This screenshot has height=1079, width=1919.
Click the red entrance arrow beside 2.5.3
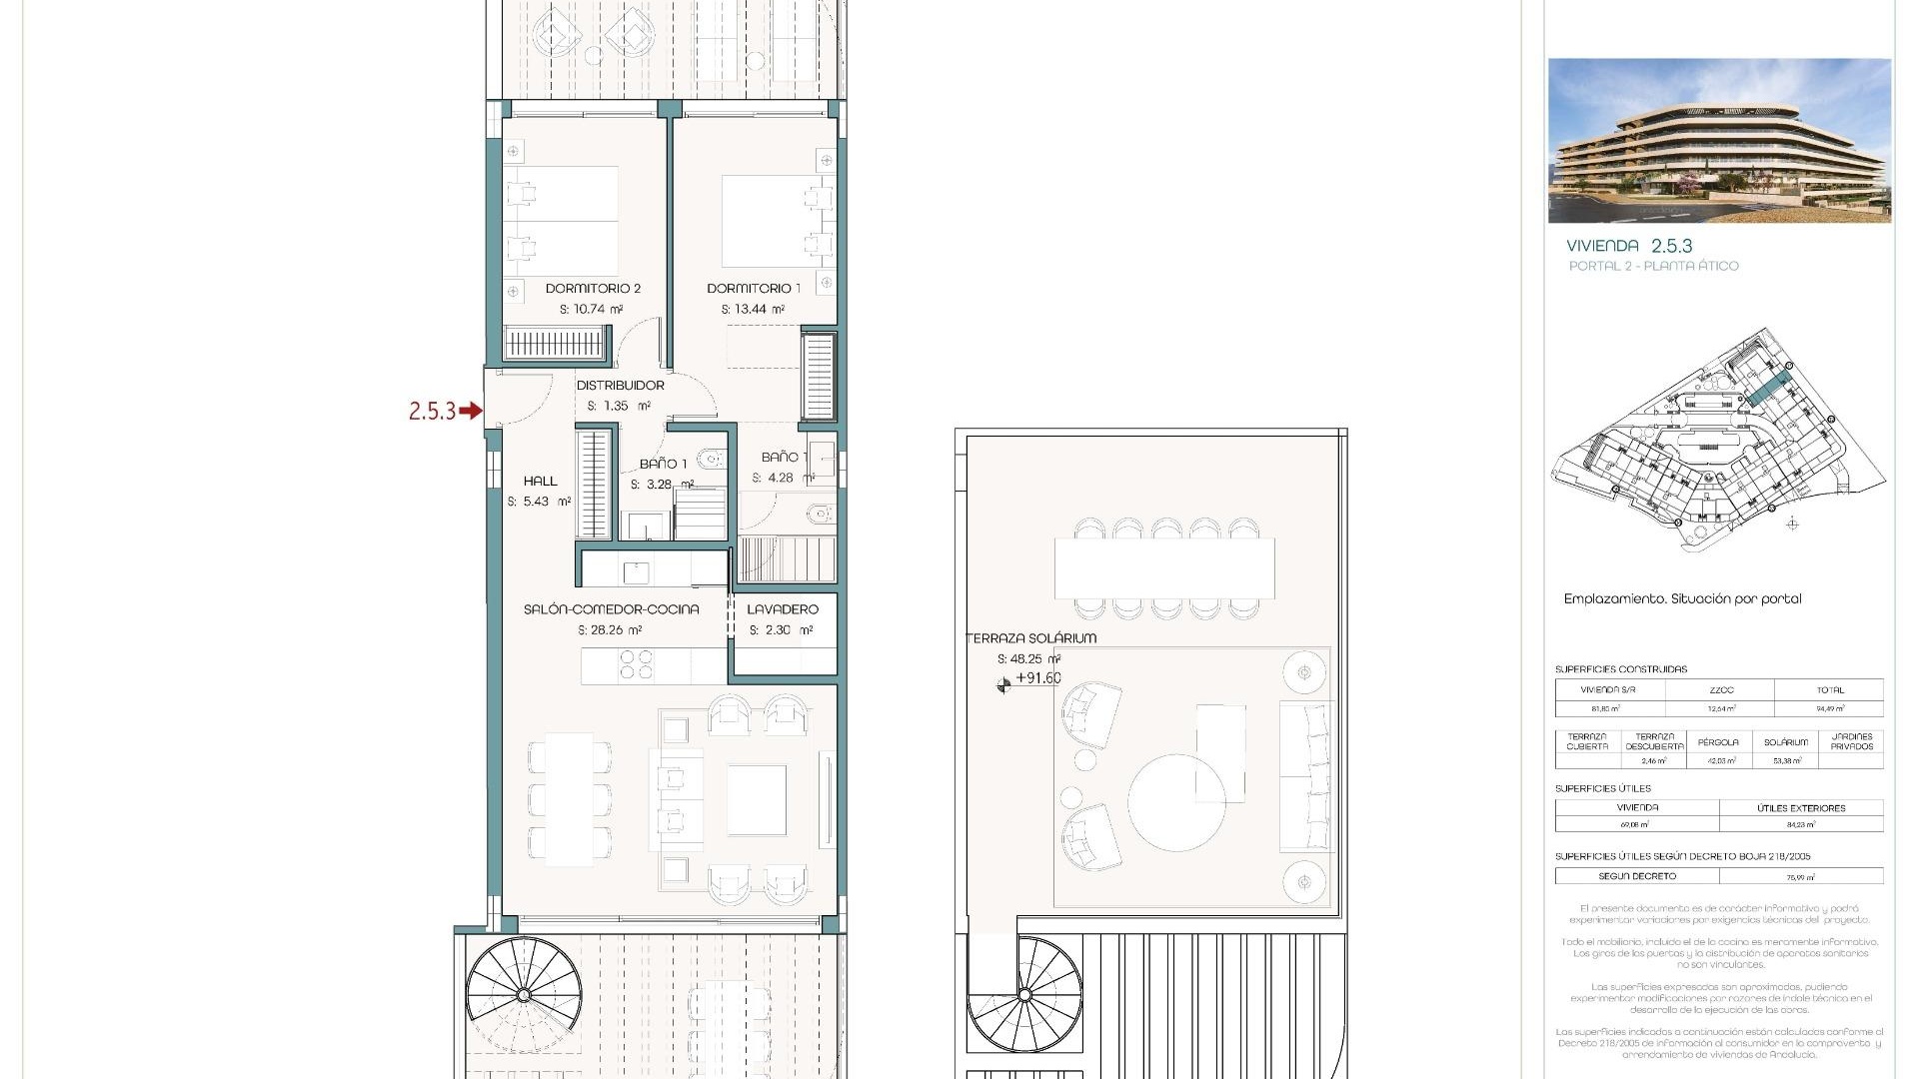click(471, 411)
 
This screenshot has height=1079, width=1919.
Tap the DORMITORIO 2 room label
click(593, 289)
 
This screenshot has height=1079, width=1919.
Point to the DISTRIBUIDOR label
click(620, 386)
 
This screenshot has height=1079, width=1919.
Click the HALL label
click(540, 482)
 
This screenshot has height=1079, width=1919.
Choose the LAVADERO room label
click(783, 609)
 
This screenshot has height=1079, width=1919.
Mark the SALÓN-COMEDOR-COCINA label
click(611, 609)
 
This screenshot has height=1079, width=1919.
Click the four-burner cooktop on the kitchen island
click(637, 665)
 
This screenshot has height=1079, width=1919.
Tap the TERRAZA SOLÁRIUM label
click(1031, 638)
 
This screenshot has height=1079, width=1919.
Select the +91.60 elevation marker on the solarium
click(1037, 678)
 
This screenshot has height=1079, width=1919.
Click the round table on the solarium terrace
click(1177, 802)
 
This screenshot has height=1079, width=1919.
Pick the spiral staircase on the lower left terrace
click(523, 994)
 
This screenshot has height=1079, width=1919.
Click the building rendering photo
click(1719, 141)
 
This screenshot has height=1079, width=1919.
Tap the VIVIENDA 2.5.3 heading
click(1629, 246)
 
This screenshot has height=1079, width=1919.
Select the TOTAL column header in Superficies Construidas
click(1829, 690)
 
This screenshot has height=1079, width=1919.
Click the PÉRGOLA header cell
click(1717, 742)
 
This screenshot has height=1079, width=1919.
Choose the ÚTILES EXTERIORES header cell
click(1801, 808)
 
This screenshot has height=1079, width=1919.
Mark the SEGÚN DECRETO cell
click(1637, 876)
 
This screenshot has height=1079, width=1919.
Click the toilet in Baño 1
click(711, 460)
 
